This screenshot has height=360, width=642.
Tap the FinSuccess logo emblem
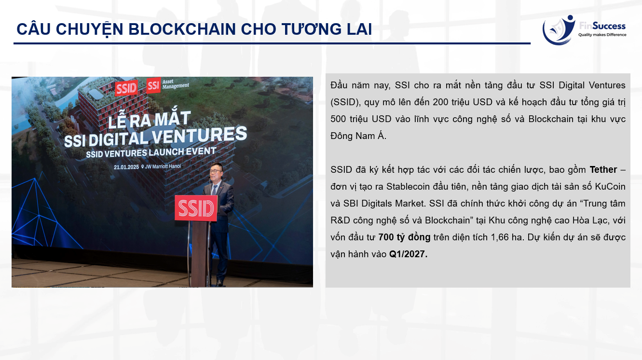click(x=559, y=30)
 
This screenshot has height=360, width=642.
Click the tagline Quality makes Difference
click(x=602, y=35)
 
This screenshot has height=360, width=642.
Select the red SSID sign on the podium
click(x=196, y=208)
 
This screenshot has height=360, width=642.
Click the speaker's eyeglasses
click(x=216, y=171)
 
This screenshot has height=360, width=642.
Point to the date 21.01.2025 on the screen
click(x=126, y=167)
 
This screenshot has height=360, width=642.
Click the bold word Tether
click(x=603, y=170)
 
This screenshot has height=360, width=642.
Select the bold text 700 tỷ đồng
click(x=404, y=237)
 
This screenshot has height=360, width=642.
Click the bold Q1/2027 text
click(x=408, y=254)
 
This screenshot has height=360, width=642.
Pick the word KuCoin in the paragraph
click(x=610, y=187)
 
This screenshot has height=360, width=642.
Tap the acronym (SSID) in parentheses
click(x=345, y=102)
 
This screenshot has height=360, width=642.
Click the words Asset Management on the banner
click(x=176, y=84)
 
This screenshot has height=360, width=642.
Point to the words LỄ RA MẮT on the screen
click(x=149, y=119)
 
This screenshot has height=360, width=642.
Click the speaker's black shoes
click(x=219, y=283)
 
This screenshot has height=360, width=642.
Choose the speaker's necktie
click(x=214, y=190)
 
